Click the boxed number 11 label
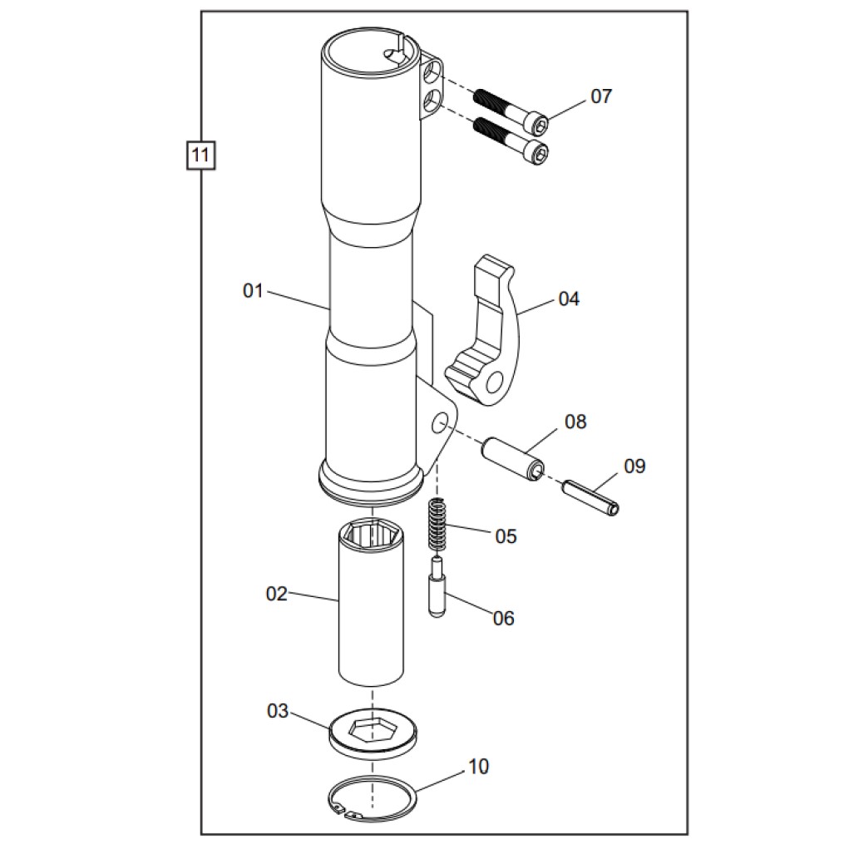click(x=200, y=155)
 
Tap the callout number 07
click(x=601, y=96)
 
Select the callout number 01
click(x=253, y=291)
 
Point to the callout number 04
click(x=569, y=299)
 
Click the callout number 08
click(x=575, y=422)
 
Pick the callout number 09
click(x=634, y=466)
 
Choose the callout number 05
click(x=506, y=536)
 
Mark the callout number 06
click(x=504, y=618)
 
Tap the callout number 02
click(x=277, y=594)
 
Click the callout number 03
click(x=278, y=711)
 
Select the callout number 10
click(x=478, y=767)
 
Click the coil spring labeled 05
click(x=437, y=526)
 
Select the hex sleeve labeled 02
click(x=372, y=603)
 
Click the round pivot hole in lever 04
click(x=496, y=383)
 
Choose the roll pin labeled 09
click(x=590, y=498)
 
